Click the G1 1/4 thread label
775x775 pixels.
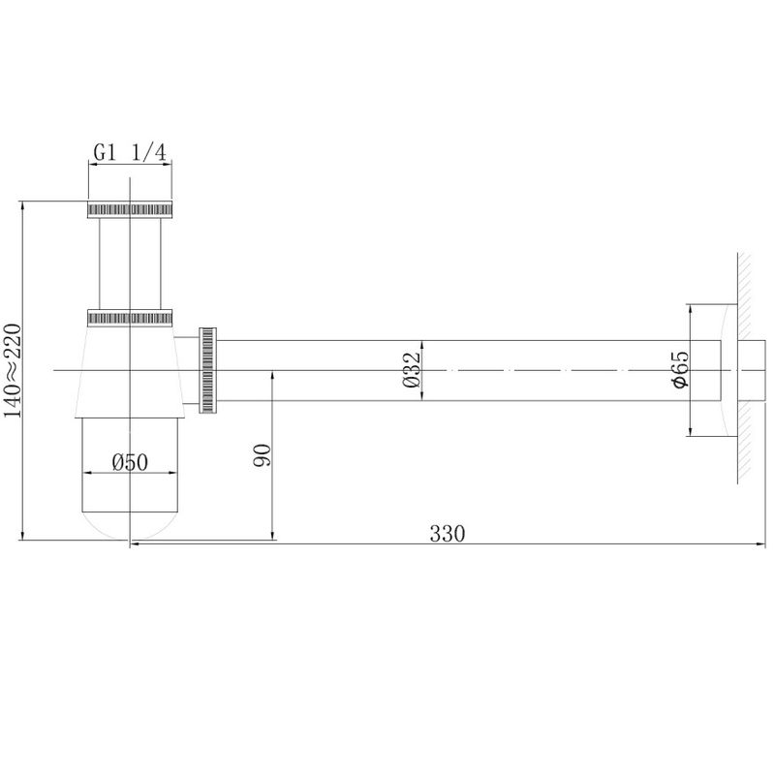130,153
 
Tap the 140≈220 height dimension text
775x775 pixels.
12,370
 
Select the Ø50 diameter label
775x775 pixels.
130,463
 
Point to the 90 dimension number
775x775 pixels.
262,455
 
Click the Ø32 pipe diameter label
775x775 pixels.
411,370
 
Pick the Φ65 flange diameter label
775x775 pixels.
681,370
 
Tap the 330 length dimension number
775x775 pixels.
448,534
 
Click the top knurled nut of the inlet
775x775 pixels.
130,209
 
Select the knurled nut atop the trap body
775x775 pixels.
130,318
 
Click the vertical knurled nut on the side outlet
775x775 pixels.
207,370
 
